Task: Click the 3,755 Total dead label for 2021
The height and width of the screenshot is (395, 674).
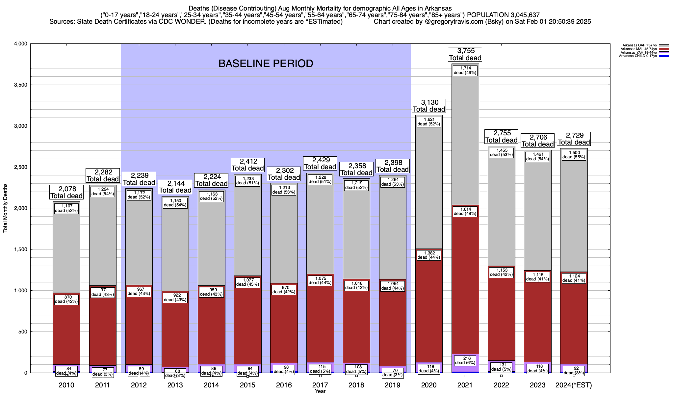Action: pyautogui.click(x=465, y=54)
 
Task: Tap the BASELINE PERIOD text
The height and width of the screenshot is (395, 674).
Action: pyautogui.click(x=266, y=64)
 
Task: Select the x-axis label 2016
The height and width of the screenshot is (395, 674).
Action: pyautogui.click(x=284, y=385)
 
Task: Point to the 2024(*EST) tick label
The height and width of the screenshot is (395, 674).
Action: pyautogui.click(x=573, y=385)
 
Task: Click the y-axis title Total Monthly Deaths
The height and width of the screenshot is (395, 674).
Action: pyautogui.click(x=5, y=208)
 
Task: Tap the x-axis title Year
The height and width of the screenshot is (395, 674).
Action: pyautogui.click(x=320, y=391)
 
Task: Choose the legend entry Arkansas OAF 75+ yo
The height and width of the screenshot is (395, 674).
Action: pyautogui.click(x=639, y=45)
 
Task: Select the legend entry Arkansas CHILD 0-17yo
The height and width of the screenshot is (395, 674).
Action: pyautogui.click(x=637, y=56)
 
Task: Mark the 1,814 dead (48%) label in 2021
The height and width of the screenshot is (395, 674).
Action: pyautogui.click(x=465, y=211)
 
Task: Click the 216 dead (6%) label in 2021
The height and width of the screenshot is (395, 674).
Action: pyautogui.click(x=465, y=360)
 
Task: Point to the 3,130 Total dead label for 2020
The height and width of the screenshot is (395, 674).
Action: pyautogui.click(x=429, y=106)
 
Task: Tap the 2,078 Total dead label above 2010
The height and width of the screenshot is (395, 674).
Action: pyautogui.click(x=66, y=192)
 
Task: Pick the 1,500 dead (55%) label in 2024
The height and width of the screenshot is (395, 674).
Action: pyautogui.click(x=574, y=155)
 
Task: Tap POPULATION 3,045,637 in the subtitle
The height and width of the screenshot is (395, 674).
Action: pyautogui.click(x=503, y=15)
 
